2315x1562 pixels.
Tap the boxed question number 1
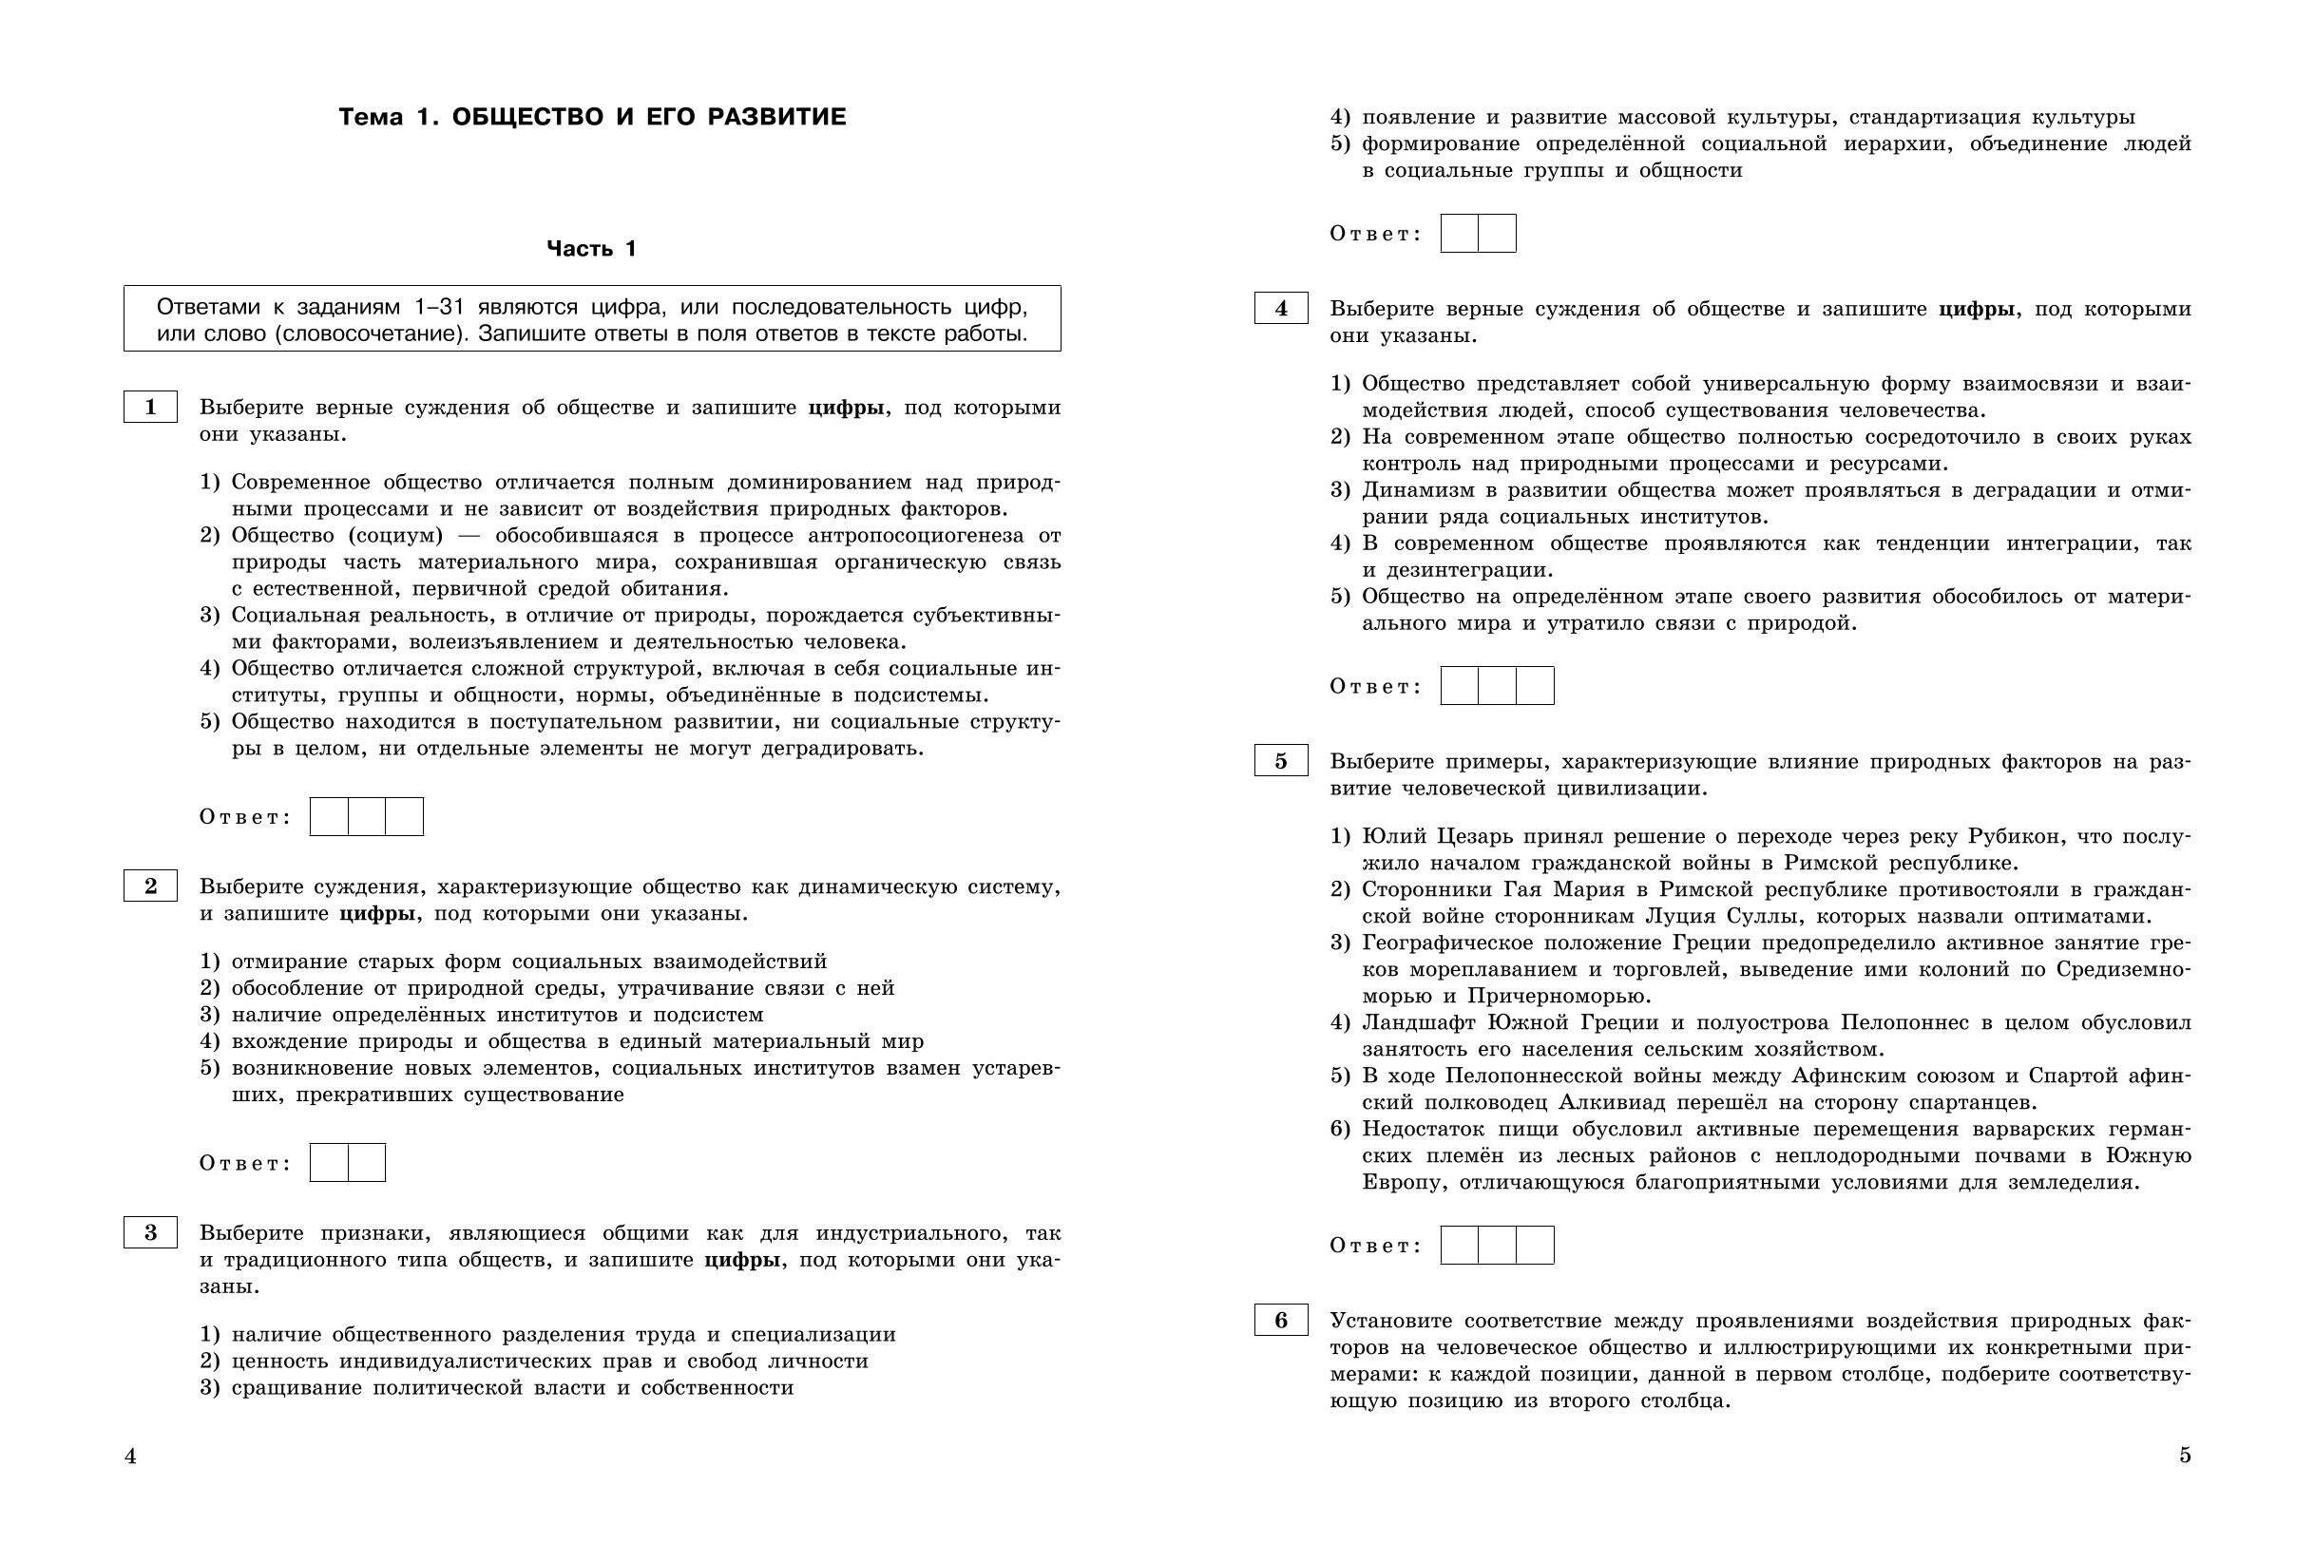pos(150,407)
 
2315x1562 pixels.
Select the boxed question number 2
pos(150,886)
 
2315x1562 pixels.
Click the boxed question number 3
pos(150,1232)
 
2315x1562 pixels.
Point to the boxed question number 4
pos(1281,309)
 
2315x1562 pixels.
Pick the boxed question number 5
pos(1281,761)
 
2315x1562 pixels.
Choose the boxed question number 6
pos(1281,1320)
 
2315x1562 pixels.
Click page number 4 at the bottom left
pos(130,1457)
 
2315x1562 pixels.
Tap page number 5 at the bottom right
pos(2185,1456)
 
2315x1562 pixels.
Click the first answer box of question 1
pos(330,817)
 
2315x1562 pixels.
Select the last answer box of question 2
pos(367,1163)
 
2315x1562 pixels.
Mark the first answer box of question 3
pos(1460,233)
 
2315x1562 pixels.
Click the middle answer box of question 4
pos(1497,685)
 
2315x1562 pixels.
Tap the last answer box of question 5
pos(1535,1246)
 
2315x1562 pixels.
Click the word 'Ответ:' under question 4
pos(1376,686)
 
